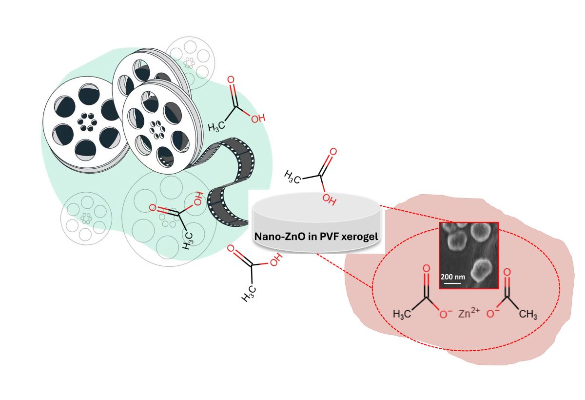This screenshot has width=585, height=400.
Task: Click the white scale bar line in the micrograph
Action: (451, 282)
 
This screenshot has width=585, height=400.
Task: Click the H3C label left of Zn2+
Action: (403, 314)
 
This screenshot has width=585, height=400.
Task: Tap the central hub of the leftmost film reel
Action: (87, 121)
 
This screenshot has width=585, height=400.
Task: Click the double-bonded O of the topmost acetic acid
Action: (231, 80)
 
